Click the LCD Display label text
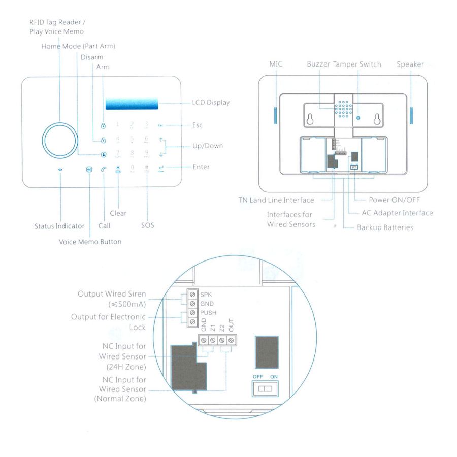[211, 103]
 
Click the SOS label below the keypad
[147, 225]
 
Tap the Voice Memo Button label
[90, 242]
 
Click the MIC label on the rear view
[276, 64]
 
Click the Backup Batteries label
[385, 227]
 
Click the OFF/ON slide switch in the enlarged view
[265, 389]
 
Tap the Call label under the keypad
[104, 225]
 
